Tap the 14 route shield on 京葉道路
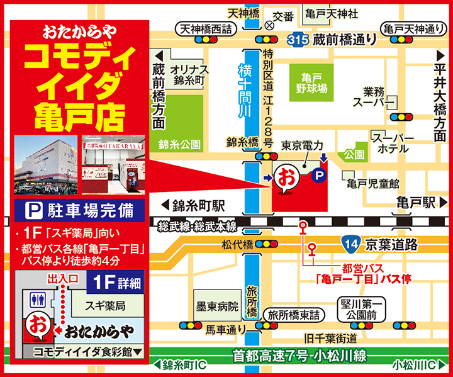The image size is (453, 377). (x=351, y=242)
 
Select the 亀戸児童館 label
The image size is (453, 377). (x=372, y=183)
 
